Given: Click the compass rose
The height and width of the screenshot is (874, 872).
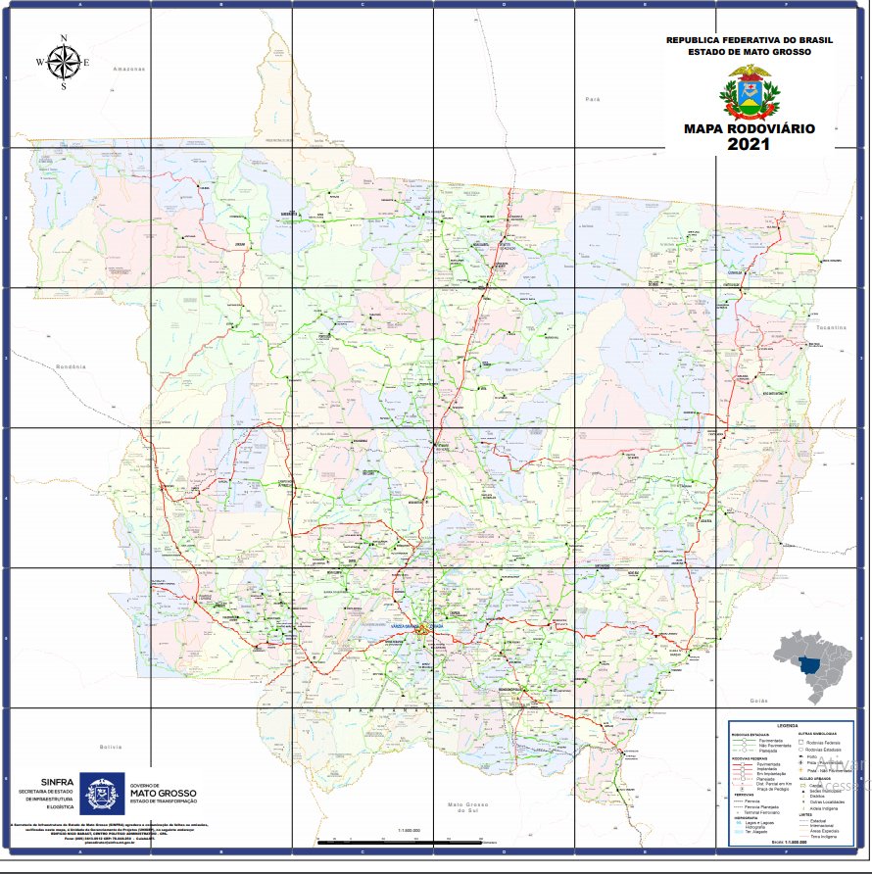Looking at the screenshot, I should coord(64,62).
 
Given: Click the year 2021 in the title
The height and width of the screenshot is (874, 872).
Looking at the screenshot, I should coord(750,144).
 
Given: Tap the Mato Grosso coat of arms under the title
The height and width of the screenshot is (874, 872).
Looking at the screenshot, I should coord(750,92).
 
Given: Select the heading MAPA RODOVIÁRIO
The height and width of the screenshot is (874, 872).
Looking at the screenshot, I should coord(750,128).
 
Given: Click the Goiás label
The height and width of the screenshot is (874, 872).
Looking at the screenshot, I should coord(757,702).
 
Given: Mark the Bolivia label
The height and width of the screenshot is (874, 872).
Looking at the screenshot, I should coord(111,747).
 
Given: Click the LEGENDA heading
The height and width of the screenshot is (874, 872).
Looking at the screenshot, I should coord(788,725).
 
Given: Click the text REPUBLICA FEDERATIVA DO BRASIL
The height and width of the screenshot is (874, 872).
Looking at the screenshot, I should coord(750,40).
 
